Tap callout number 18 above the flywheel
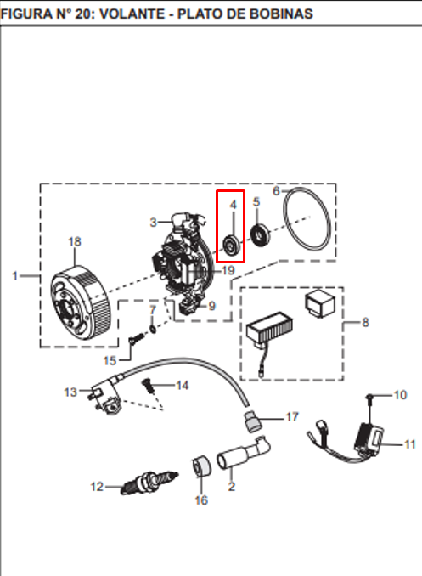click(75, 242)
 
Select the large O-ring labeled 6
click(307, 219)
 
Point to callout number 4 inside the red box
click(234, 205)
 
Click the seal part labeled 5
click(260, 234)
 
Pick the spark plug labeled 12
click(149, 482)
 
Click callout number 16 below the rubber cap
click(201, 500)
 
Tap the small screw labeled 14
click(149, 386)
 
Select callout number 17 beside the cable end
click(292, 417)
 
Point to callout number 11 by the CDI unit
click(409, 444)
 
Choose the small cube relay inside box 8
click(320, 303)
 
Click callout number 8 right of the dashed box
click(365, 322)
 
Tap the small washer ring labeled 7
click(153, 329)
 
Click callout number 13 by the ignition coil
click(70, 392)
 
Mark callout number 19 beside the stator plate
click(228, 271)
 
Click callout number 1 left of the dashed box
click(14, 276)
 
